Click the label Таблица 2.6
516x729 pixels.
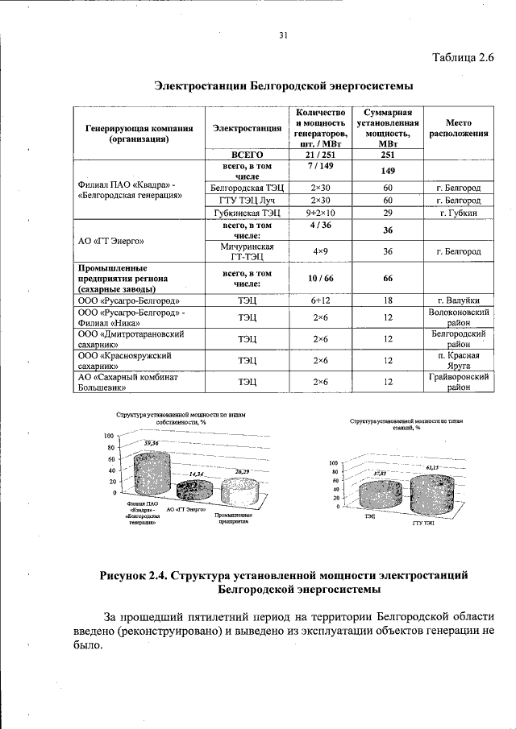[x=462, y=56]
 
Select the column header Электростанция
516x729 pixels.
[x=248, y=127]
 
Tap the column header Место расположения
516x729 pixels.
[x=459, y=127]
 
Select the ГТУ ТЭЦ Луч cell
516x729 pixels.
[x=248, y=200]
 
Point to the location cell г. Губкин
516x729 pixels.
[x=459, y=213]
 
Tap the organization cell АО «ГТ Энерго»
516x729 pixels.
[x=110, y=239]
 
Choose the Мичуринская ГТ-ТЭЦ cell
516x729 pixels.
[x=248, y=251]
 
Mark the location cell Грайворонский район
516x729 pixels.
[x=459, y=381]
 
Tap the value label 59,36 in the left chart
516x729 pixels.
[x=151, y=444]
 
